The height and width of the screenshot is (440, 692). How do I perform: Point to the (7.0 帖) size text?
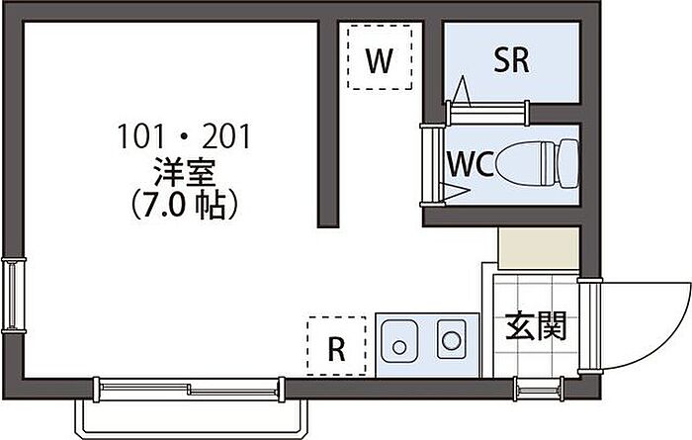(x=185, y=206)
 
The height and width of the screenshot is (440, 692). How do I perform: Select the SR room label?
(x=511, y=60)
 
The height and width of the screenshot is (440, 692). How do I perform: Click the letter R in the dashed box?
(x=336, y=348)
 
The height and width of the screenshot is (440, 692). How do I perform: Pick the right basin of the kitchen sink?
(x=451, y=343)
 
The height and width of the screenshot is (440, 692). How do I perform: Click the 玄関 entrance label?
(x=537, y=326)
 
